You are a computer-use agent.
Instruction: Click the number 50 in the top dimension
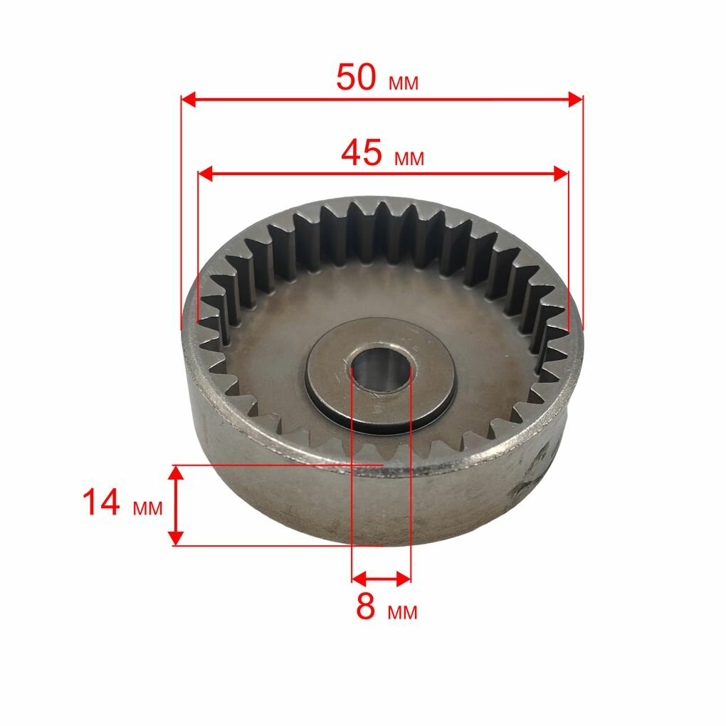coord(356,77)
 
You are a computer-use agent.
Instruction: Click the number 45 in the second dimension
coord(362,153)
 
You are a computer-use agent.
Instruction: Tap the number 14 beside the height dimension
coord(101,503)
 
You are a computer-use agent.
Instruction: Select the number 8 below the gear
coord(365,606)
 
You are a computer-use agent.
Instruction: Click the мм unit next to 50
coord(404,83)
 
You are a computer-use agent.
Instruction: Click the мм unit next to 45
coord(409,159)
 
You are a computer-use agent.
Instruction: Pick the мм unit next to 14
coord(148,508)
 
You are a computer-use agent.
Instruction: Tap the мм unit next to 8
coord(402,612)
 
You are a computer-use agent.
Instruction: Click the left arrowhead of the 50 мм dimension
coord(189,99)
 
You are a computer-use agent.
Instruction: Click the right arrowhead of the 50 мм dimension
coord(576,99)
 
